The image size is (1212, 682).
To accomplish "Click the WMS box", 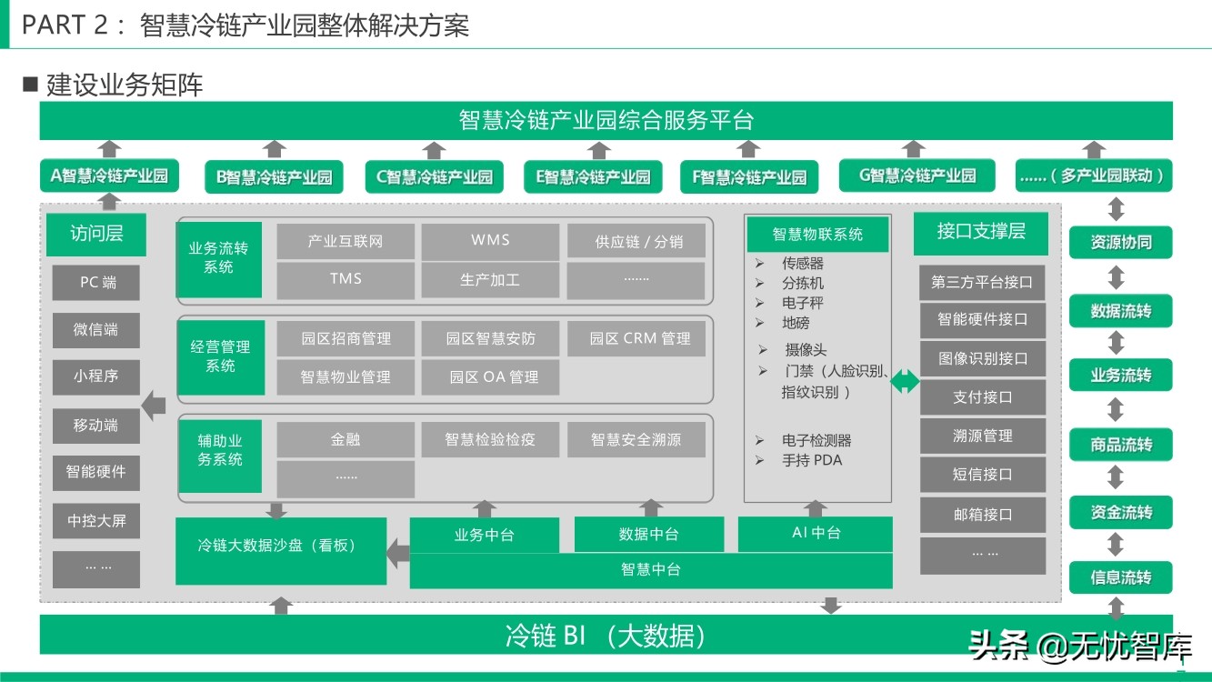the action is tap(490, 241).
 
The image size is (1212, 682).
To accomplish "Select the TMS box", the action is tap(346, 280).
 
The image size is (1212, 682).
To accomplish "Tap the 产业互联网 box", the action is tap(346, 241).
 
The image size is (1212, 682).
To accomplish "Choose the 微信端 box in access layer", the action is tap(95, 330).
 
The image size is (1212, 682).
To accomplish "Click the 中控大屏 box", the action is tap(95, 521).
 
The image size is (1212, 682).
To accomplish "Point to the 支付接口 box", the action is tap(982, 397).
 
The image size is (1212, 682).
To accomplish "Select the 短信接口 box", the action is tap(982, 475).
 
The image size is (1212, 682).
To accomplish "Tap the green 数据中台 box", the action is tap(648, 534).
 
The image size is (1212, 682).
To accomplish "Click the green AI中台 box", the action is tap(816, 533).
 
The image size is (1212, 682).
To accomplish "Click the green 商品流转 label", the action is tap(1120, 445).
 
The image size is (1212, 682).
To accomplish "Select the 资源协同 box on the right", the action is tap(1120, 243).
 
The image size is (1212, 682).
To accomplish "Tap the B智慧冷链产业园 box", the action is tap(274, 177).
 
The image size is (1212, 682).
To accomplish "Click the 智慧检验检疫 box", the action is tap(490, 439).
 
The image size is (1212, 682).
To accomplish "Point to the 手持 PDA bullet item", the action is tap(812, 460).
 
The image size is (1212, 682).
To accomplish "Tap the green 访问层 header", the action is tap(96, 234).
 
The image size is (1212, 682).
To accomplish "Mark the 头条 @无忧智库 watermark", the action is tap(1080, 647).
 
